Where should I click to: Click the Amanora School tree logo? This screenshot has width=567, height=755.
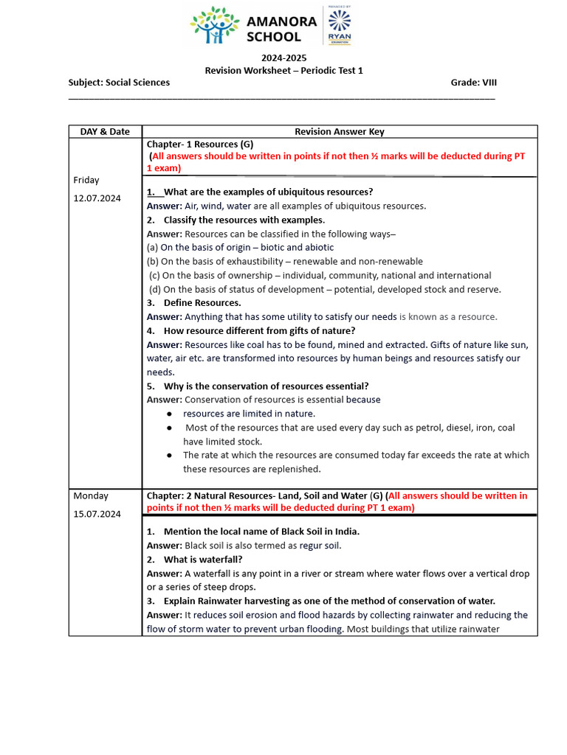point(215,27)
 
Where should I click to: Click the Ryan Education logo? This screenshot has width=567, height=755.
point(340,27)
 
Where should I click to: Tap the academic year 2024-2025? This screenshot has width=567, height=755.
point(283,58)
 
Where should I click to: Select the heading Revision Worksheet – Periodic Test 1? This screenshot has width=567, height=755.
point(283,70)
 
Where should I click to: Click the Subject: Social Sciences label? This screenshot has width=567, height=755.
point(119,83)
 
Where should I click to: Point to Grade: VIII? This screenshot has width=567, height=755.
point(473,83)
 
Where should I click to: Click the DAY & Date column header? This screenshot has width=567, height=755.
point(105,132)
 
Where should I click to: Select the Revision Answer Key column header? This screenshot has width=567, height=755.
point(340,132)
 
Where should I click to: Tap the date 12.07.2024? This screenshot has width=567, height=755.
point(97,198)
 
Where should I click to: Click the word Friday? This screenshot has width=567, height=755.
point(86,180)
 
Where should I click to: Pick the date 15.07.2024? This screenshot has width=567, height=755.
point(97,513)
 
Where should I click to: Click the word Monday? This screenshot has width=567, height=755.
point(91,495)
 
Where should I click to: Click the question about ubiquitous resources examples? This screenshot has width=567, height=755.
point(267,192)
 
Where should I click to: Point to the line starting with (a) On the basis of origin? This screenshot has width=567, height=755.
point(240,248)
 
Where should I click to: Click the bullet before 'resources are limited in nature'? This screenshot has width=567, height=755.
point(169,414)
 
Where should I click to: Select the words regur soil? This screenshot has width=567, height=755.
point(320,546)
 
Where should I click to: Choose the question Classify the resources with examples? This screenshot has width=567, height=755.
point(244,220)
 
